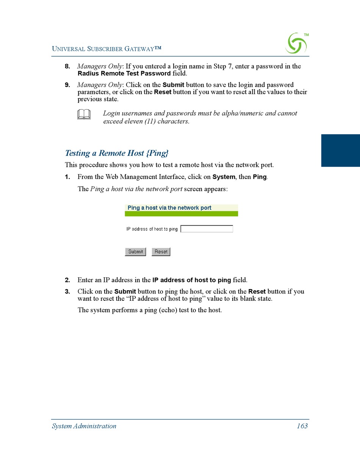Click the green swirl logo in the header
pyautogui.click(x=296, y=44)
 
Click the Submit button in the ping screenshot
pyautogui.click(x=135, y=251)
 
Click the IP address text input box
pyautogui.click(x=207, y=229)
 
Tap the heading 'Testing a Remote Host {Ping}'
pyautogui.click(x=117, y=153)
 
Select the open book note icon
pyautogui.click(x=84, y=114)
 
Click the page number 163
pyautogui.click(x=302, y=426)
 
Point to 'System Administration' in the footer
pyautogui.click(x=84, y=426)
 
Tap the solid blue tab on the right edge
pyautogui.click(x=340, y=150)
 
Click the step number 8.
pyautogui.click(x=67, y=66)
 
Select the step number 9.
pyautogui.click(x=67, y=85)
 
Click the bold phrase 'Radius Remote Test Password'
pyautogui.click(x=124, y=74)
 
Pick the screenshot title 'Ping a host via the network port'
pyautogui.click(x=169, y=208)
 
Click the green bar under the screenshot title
pyautogui.click(x=181, y=214)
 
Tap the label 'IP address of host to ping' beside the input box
pyautogui.click(x=152, y=229)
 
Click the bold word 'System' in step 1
pyautogui.click(x=224, y=177)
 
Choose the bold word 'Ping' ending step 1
pyautogui.click(x=260, y=177)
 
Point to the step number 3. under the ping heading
pyautogui.click(x=67, y=292)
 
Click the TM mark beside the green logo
pyautogui.click(x=306, y=35)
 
